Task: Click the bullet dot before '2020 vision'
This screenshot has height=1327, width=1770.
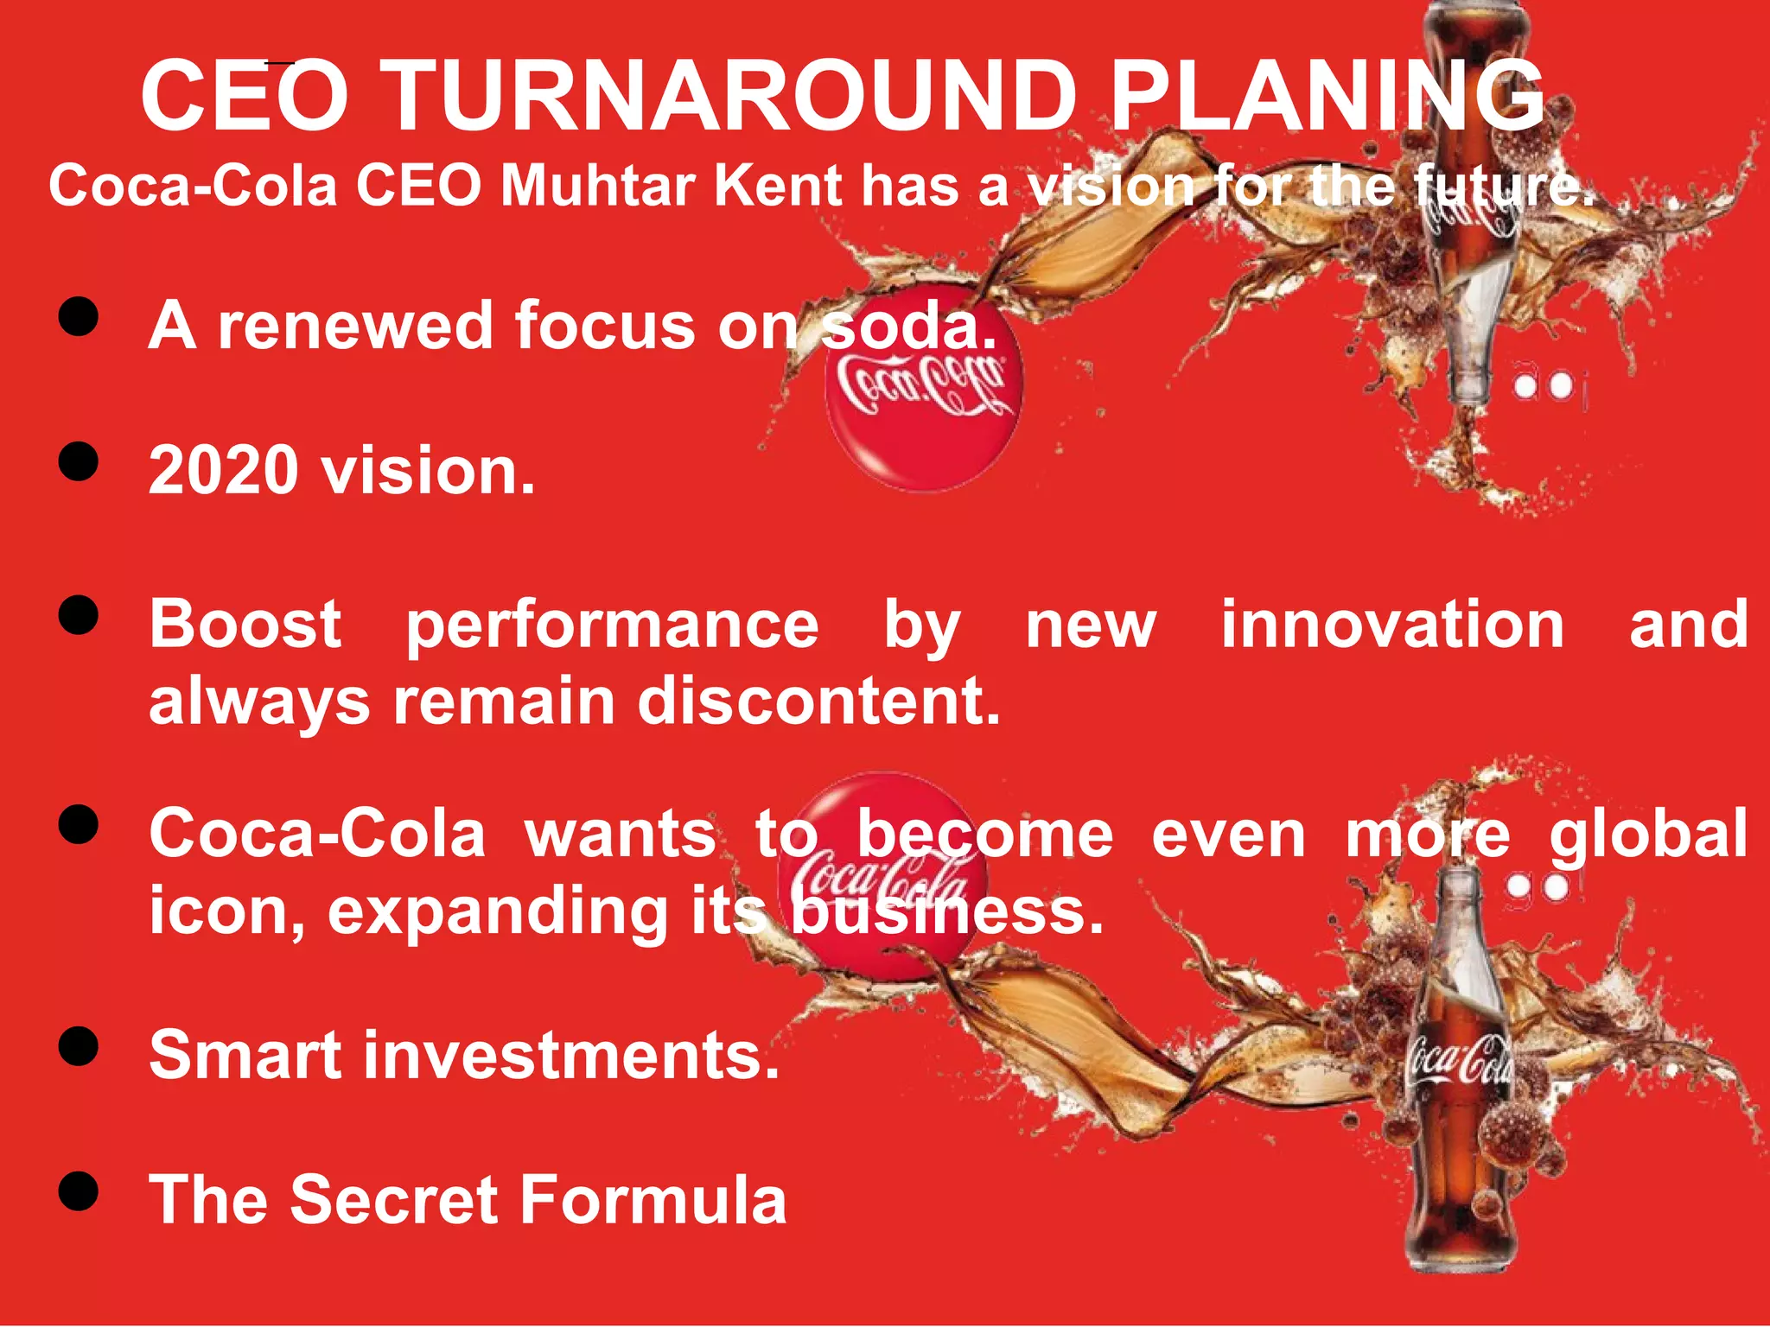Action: tap(79, 461)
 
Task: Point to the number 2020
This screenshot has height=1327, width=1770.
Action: tap(224, 472)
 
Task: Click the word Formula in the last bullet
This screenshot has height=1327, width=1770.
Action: tap(655, 1200)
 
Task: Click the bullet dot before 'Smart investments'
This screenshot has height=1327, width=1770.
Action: tap(79, 1046)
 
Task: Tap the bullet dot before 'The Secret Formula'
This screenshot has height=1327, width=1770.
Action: tap(79, 1191)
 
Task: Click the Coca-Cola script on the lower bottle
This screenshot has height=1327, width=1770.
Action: tap(1459, 1063)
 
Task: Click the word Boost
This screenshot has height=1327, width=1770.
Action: tap(245, 625)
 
